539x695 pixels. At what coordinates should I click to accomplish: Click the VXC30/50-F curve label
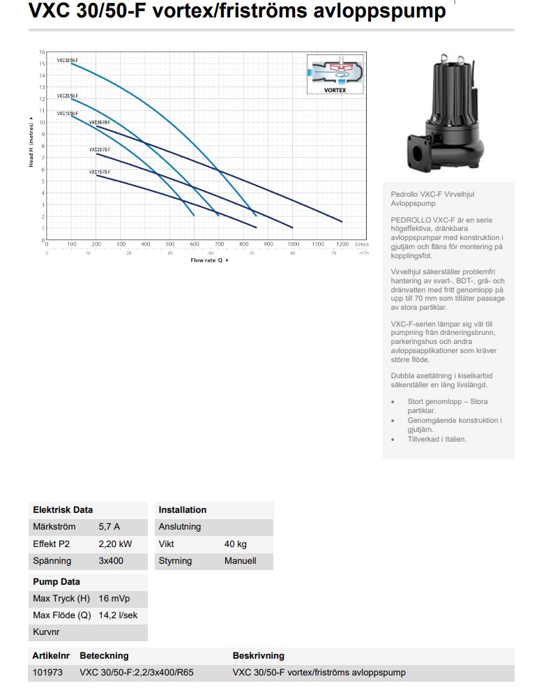(68, 61)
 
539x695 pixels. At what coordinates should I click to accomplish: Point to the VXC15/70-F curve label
(100, 172)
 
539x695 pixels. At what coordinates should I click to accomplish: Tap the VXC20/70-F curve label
(100, 150)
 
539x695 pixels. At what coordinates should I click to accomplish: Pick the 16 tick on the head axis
(42, 52)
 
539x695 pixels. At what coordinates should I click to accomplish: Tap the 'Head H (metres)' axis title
(31, 142)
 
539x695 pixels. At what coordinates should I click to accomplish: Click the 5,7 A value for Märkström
(109, 527)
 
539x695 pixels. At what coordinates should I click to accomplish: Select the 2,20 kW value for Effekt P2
(115, 544)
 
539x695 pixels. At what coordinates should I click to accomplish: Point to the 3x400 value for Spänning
(112, 560)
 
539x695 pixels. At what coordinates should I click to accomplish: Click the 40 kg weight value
(235, 544)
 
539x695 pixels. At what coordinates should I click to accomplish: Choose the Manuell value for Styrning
(240, 560)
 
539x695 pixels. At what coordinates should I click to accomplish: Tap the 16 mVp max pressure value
(114, 599)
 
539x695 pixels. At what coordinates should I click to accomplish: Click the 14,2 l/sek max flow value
(118, 615)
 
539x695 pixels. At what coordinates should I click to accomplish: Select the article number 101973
(47, 673)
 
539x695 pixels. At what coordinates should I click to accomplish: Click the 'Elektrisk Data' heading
(63, 510)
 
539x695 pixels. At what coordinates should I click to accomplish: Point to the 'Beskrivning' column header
(258, 656)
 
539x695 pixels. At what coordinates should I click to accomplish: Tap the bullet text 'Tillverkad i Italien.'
(437, 440)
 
